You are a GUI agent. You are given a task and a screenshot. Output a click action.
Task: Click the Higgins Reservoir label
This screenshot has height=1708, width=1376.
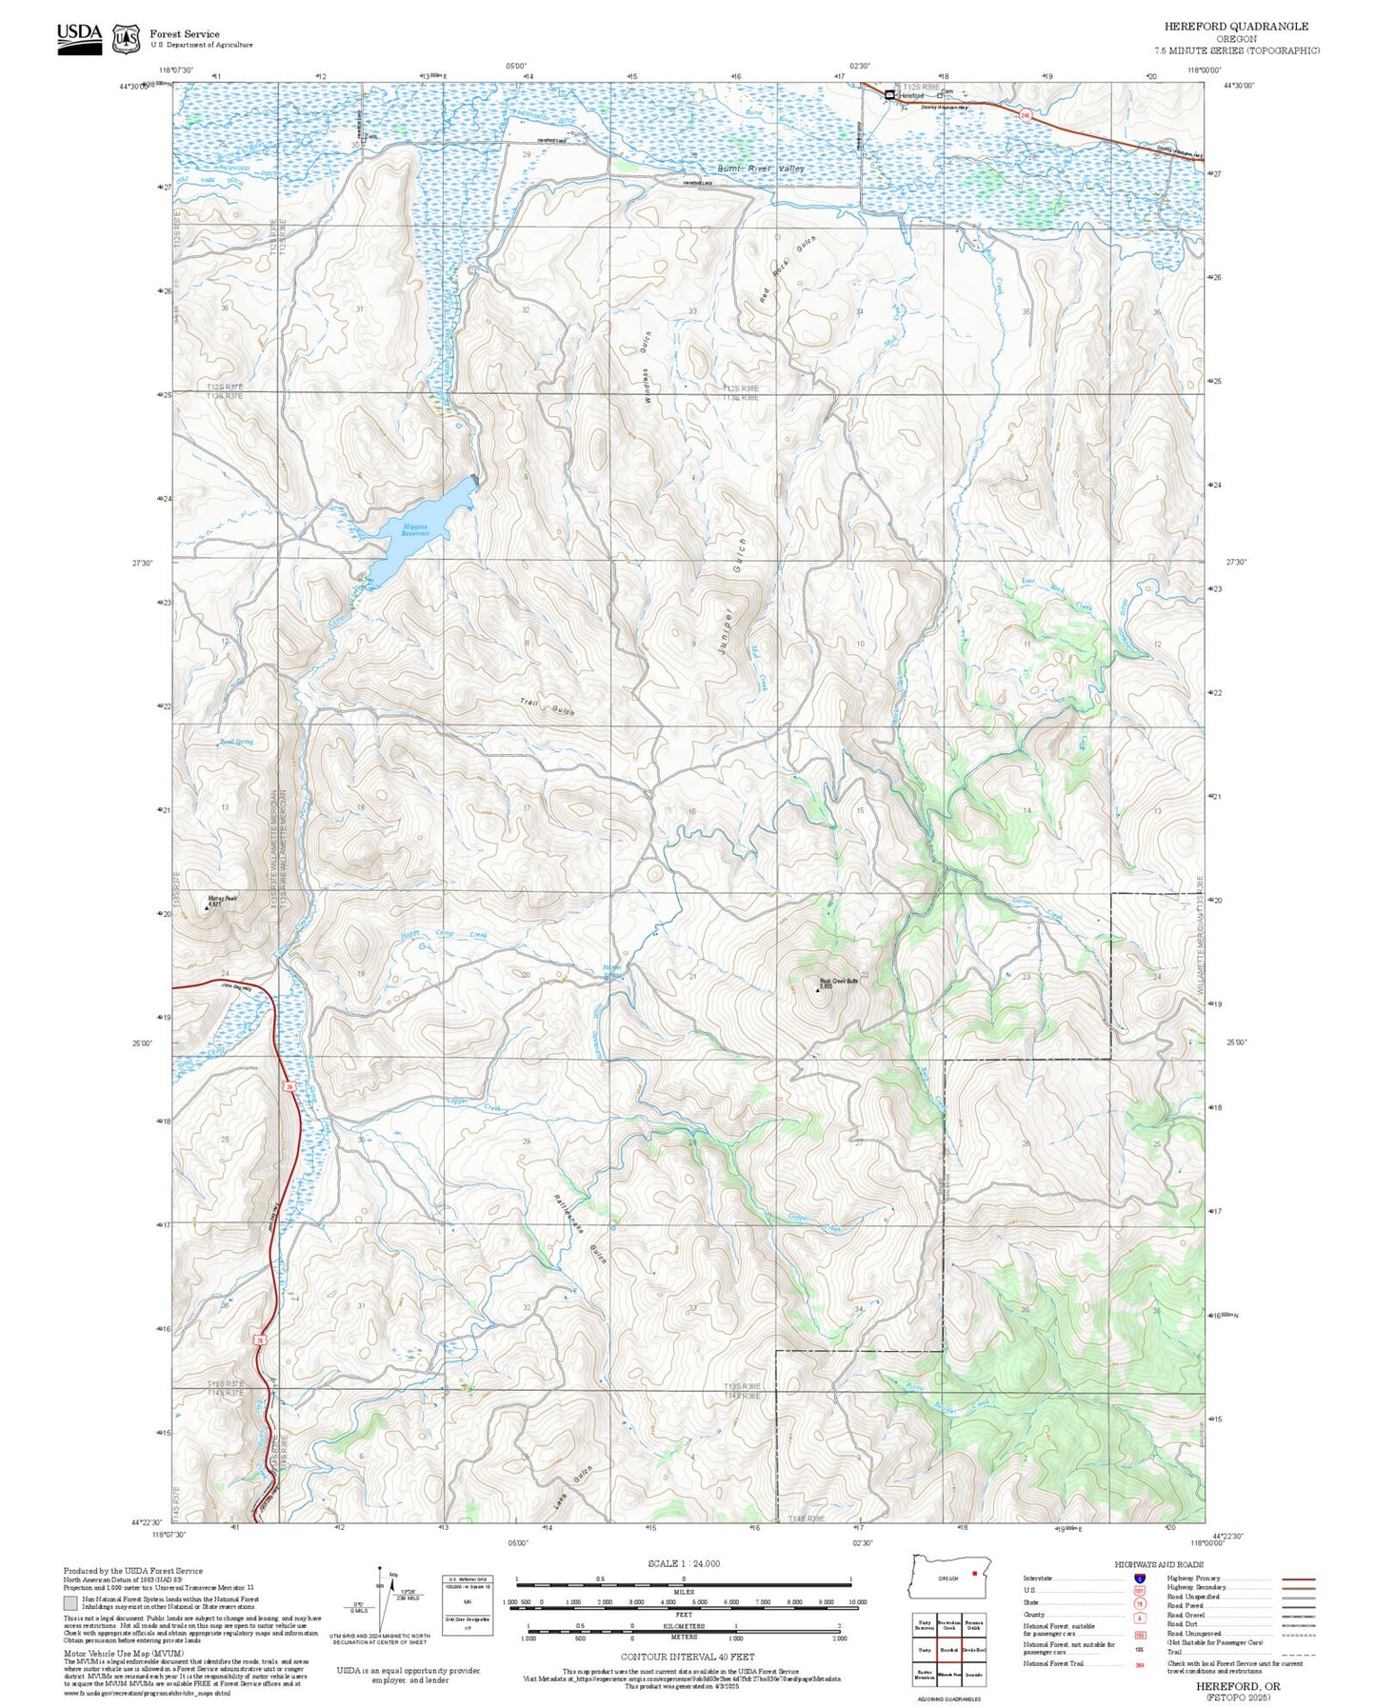pos(414,530)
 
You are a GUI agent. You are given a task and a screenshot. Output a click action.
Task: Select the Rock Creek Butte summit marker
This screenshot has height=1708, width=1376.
pos(817,990)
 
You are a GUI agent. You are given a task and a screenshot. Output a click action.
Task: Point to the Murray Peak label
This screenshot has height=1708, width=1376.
pos(223,899)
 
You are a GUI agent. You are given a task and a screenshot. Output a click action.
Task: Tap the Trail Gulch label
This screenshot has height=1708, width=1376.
pos(548,706)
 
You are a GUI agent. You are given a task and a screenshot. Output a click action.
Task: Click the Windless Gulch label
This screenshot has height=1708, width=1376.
pos(647,369)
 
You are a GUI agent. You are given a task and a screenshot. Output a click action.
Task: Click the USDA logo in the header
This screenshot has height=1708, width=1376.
pos(79,38)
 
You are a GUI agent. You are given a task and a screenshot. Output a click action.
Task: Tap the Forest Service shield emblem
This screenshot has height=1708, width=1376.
pos(125,39)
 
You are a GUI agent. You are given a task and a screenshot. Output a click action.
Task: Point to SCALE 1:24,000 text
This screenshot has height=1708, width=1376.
pos(683,1563)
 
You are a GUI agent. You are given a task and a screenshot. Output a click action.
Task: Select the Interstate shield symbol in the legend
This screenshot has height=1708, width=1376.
pos(1139,1579)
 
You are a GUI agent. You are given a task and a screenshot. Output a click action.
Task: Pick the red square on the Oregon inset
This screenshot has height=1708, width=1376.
pos(974,1573)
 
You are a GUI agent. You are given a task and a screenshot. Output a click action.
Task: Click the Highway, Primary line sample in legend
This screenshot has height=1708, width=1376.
pos(1299,1579)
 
